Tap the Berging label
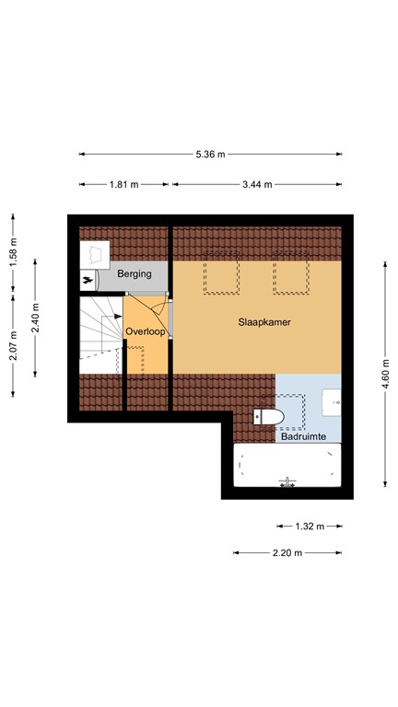[135, 274]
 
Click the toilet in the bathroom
[269, 418]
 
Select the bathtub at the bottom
[287, 466]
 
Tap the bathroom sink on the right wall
[332, 401]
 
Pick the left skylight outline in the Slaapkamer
[221, 274]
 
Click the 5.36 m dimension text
[210, 155]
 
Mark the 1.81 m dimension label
[123, 184]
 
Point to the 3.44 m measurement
[257, 184]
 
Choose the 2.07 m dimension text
[13, 349]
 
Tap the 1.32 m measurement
[310, 527]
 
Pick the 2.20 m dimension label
[287, 552]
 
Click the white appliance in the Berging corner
[96, 253]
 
